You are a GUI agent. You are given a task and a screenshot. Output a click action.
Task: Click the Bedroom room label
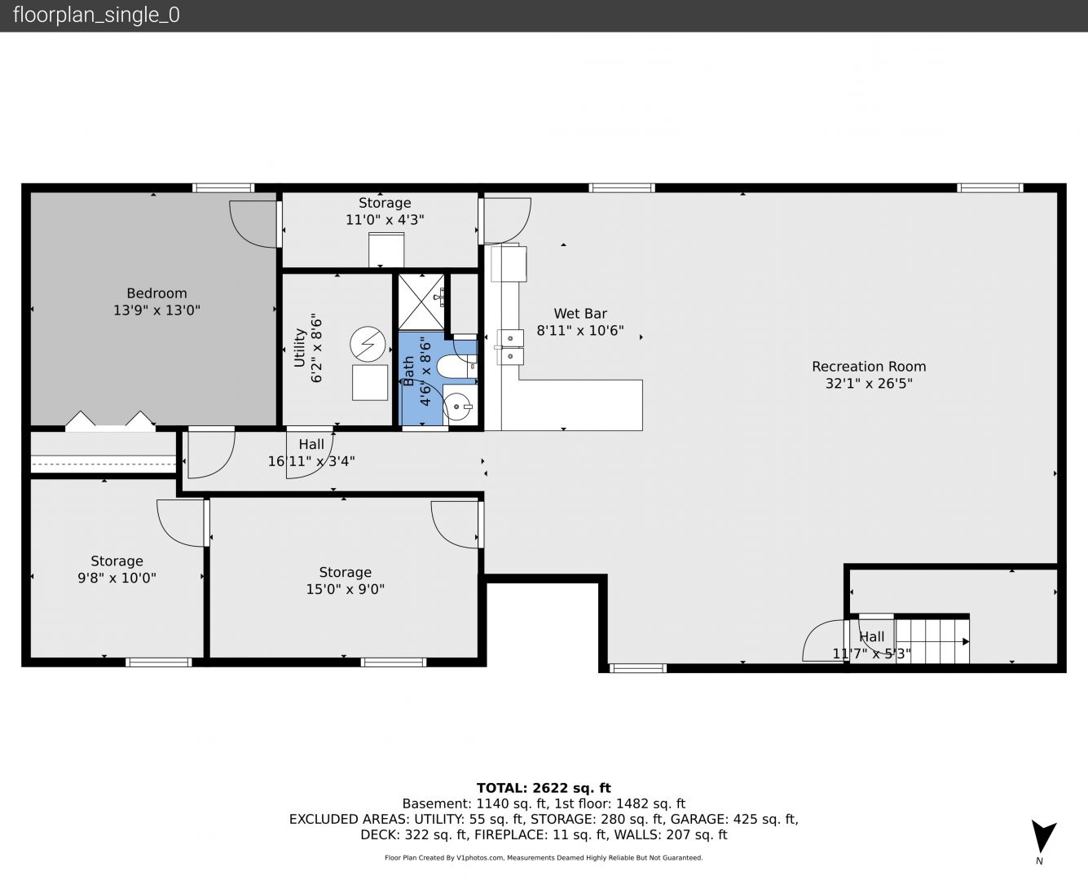coord(156,293)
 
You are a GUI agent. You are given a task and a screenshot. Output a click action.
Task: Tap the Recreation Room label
coord(869,366)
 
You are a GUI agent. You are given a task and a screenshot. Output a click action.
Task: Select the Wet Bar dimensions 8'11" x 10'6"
coord(579,331)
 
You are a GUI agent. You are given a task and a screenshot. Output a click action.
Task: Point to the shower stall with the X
coord(421,301)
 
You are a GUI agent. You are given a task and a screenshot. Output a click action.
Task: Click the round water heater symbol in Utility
coord(368,344)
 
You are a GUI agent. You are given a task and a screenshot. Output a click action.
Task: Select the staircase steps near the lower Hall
coord(932,641)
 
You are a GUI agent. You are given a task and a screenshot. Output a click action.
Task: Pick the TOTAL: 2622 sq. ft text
coord(544,788)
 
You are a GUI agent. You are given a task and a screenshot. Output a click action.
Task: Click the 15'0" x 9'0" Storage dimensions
coord(345,589)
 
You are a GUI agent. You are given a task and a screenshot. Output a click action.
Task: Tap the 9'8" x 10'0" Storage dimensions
coord(117,578)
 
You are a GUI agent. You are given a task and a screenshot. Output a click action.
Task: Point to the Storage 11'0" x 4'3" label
coord(385,211)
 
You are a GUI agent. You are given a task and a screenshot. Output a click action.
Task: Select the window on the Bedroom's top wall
coord(223,187)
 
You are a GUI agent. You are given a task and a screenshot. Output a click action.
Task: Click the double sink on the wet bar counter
coord(510,347)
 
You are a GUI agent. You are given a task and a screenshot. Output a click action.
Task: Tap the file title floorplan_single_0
coord(96,15)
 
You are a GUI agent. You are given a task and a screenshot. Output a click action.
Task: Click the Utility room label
coord(299,347)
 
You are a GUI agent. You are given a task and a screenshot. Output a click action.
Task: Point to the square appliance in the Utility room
coord(370,382)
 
